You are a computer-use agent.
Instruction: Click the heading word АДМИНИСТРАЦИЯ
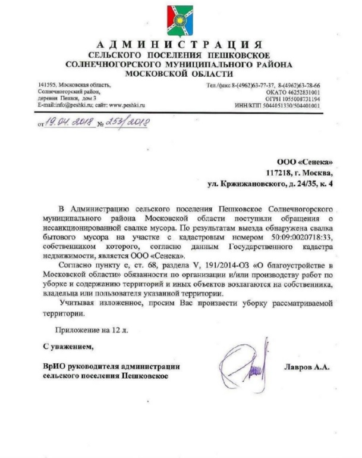[178, 44]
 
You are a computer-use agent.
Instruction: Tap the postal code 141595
[47, 85]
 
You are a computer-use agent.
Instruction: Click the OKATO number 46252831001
[301, 92]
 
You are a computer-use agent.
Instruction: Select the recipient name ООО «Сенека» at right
[305, 162]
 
